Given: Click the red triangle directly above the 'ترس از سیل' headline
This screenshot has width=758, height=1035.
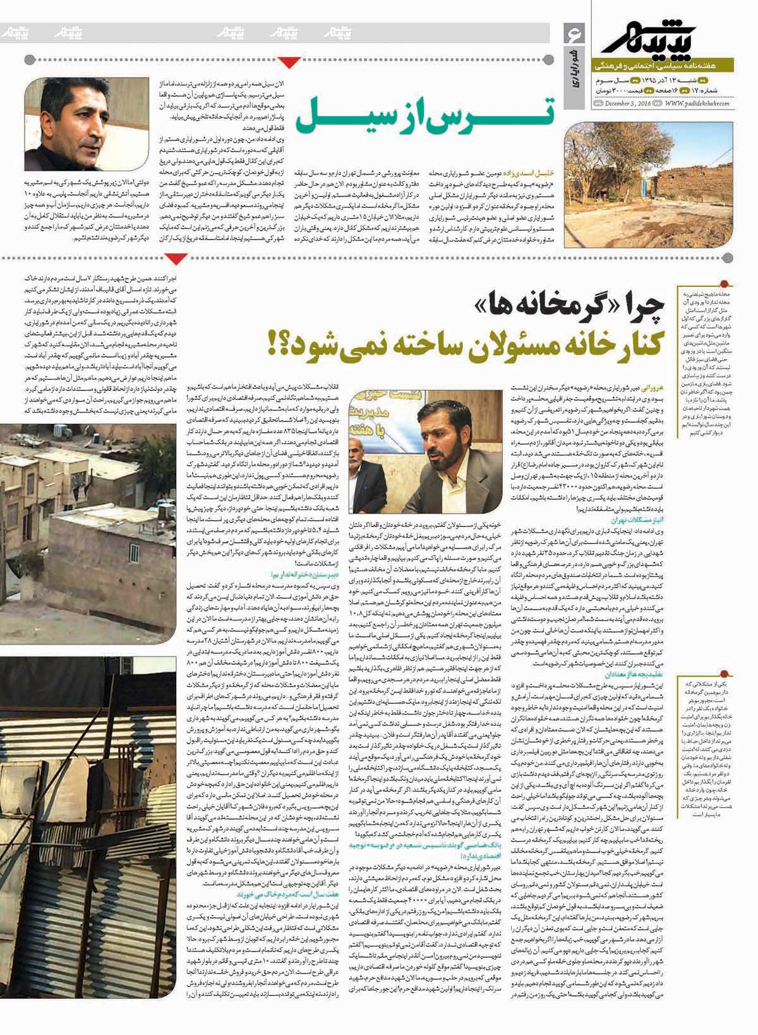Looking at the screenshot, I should click(x=289, y=61).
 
